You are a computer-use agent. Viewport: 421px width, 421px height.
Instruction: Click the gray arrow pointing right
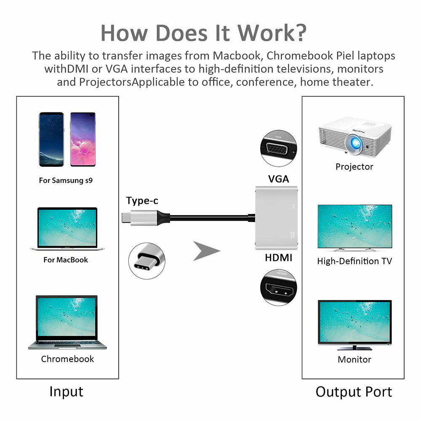tap(206, 251)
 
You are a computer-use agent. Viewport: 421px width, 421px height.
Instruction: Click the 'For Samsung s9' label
tap(66, 181)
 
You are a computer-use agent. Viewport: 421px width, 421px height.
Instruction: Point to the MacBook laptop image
tap(64, 229)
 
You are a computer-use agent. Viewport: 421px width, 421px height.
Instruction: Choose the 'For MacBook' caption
tap(66, 260)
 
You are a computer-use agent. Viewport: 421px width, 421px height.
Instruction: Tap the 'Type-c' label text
tap(142, 201)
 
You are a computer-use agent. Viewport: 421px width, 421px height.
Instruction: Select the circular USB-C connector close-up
tap(147, 261)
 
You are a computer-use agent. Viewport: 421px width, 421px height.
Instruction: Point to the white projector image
tap(346, 137)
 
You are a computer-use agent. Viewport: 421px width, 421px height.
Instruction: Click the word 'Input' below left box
tap(66, 392)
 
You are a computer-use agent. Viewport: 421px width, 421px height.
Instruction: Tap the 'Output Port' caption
tap(354, 392)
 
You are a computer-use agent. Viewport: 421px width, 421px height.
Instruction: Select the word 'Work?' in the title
tap(271, 33)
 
